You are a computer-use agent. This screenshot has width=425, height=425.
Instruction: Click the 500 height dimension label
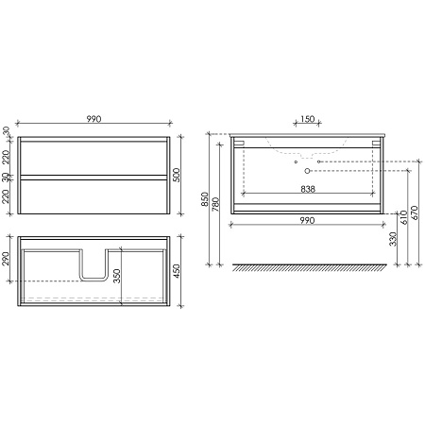[x=177, y=175]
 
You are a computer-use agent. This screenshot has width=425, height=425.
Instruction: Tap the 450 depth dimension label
[x=177, y=271]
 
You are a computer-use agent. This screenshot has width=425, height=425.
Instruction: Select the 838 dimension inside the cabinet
[x=308, y=189]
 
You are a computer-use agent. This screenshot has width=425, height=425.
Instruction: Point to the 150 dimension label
[x=308, y=119]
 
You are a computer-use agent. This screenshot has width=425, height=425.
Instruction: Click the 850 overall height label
[x=205, y=199]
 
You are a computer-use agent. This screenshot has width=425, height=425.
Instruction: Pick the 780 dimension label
[x=216, y=204]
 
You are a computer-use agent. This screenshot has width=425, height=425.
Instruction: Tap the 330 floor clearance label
[x=393, y=239]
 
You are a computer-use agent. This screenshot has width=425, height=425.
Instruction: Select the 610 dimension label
[x=404, y=217]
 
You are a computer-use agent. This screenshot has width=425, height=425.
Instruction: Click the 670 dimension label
[x=415, y=212]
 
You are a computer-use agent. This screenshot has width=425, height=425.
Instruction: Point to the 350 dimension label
[x=117, y=276]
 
